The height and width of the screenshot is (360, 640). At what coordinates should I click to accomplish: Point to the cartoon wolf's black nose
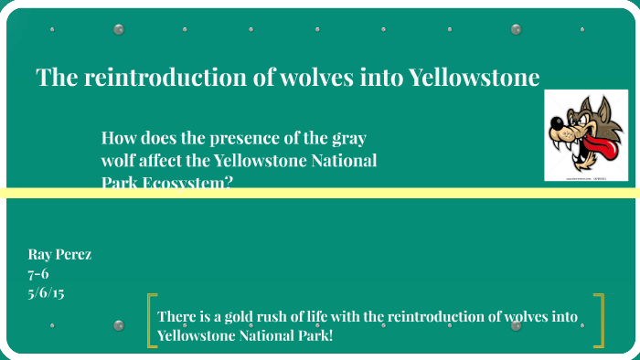560,122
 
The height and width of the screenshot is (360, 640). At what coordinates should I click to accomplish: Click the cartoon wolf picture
586,134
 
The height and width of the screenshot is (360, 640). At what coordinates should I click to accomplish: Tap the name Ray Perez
59,254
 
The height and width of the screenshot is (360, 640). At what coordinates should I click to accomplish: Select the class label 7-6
39,274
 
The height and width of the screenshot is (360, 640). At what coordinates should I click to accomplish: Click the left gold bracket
152,321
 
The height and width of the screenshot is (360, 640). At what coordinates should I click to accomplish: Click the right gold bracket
599,321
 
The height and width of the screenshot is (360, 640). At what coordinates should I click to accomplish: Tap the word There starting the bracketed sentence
177,317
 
